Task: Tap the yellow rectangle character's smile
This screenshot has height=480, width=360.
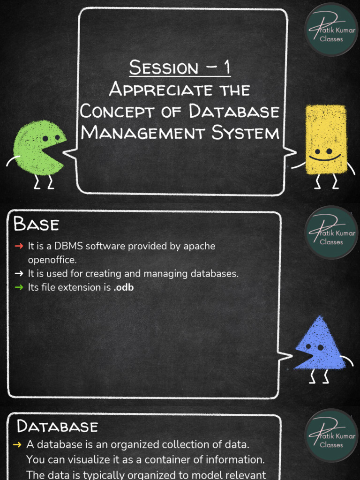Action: pos(324,158)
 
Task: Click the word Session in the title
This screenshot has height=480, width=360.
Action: pos(164,67)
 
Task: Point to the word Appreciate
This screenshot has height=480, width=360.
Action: pos(161,90)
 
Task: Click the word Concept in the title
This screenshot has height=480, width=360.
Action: pos(117,111)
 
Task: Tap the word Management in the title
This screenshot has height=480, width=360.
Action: pos(143,133)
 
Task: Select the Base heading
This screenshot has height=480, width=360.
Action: pos(36,224)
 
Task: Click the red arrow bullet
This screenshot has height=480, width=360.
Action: pos(19,246)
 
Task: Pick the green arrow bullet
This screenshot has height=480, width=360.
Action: pos(19,287)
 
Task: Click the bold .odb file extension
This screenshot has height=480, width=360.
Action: pos(123,287)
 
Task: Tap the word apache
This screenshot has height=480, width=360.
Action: pos(199,246)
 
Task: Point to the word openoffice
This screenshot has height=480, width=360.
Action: pos(52,260)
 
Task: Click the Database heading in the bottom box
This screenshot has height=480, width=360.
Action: pos(57,427)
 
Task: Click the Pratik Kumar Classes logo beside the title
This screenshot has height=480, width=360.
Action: pos(331,30)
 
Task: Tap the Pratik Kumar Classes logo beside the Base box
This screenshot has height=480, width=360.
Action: pos(331,232)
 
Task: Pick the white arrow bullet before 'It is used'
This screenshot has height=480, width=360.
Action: pos(19,273)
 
